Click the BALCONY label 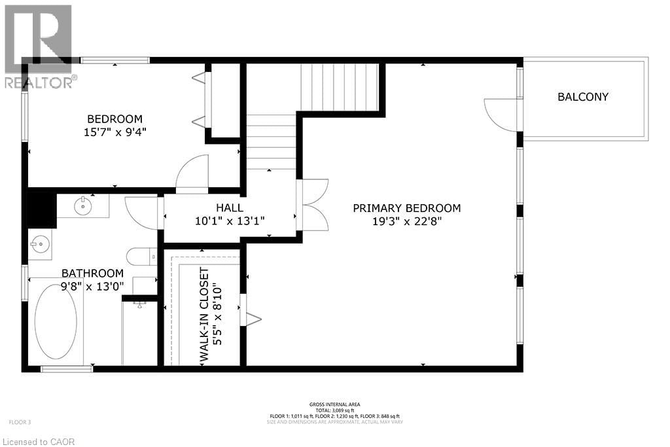click(x=582, y=97)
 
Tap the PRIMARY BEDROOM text click(x=406, y=208)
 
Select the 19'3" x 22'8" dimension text click(x=406, y=221)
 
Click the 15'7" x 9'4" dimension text click(x=115, y=132)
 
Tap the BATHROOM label click(x=92, y=273)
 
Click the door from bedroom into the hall click(x=192, y=173)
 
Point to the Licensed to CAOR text click(x=40, y=442)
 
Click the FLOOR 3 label click(x=20, y=421)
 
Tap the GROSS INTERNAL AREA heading click(x=334, y=404)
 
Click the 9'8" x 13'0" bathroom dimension click(x=92, y=285)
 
